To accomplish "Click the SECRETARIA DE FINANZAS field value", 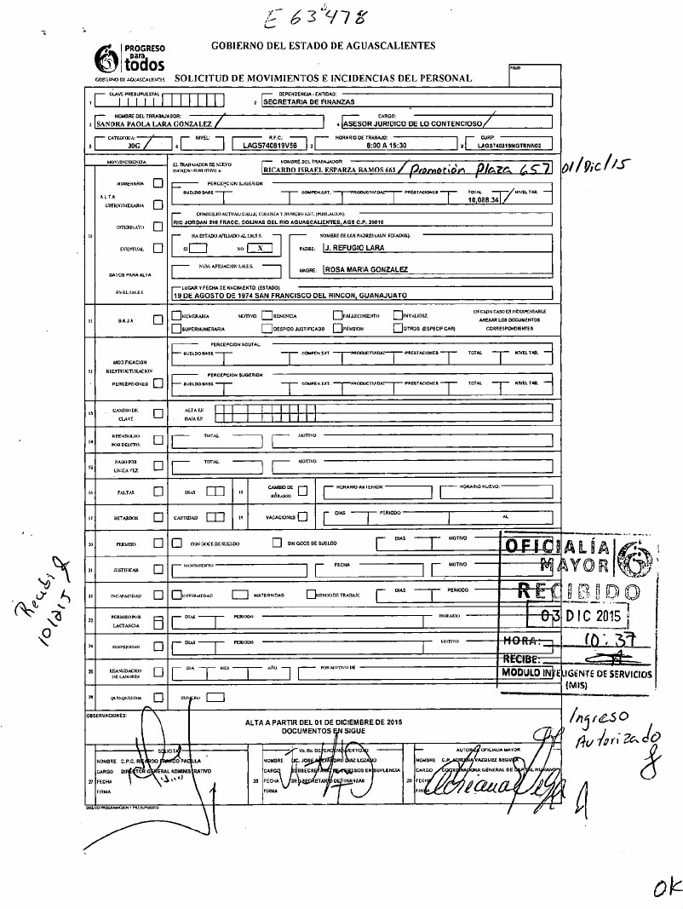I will click(x=308, y=101).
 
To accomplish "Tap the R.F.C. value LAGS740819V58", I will click(x=269, y=146).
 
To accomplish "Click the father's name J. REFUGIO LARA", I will click(x=354, y=248).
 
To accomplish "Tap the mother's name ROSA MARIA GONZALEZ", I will click(x=366, y=269).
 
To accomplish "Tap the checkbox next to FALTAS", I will click(x=158, y=492).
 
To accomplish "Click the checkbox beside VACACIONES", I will click(x=303, y=517).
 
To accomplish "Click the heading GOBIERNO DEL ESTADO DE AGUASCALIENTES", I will click(x=322, y=44).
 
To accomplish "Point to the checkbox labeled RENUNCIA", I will click(x=266, y=315).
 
